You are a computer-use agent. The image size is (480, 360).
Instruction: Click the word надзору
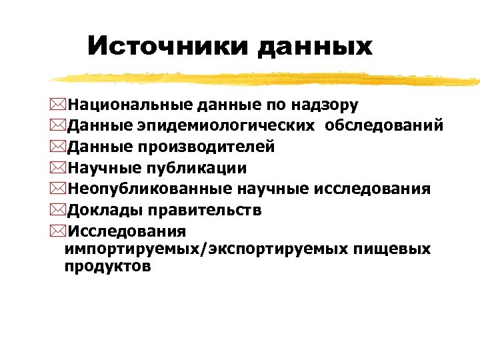point(327,105)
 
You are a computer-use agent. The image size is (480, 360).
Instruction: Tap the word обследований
point(385,126)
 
